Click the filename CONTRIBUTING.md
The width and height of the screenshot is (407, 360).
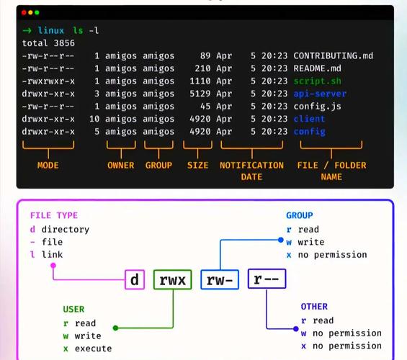(333, 55)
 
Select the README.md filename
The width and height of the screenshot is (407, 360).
(316, 68)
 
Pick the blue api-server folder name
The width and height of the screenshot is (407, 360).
(320, 94)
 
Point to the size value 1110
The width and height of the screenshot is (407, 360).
(199, 81)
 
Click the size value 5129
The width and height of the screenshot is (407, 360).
(199, 94)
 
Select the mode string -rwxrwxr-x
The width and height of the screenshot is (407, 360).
(48, 81)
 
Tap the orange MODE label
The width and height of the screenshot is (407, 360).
(48, 165)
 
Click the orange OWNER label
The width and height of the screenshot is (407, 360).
(121, 165)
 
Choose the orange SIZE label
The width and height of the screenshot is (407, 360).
(197, 165)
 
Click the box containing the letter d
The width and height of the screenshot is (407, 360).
(135, 279)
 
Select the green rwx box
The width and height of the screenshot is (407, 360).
(173, 279)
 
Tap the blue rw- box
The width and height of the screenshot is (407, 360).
(220, 279)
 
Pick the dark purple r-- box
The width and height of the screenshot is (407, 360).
(267, 279)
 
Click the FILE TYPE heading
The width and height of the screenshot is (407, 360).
(54, 215)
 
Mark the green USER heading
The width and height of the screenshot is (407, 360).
(73, 310)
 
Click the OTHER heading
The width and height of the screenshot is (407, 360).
(314, 307)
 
